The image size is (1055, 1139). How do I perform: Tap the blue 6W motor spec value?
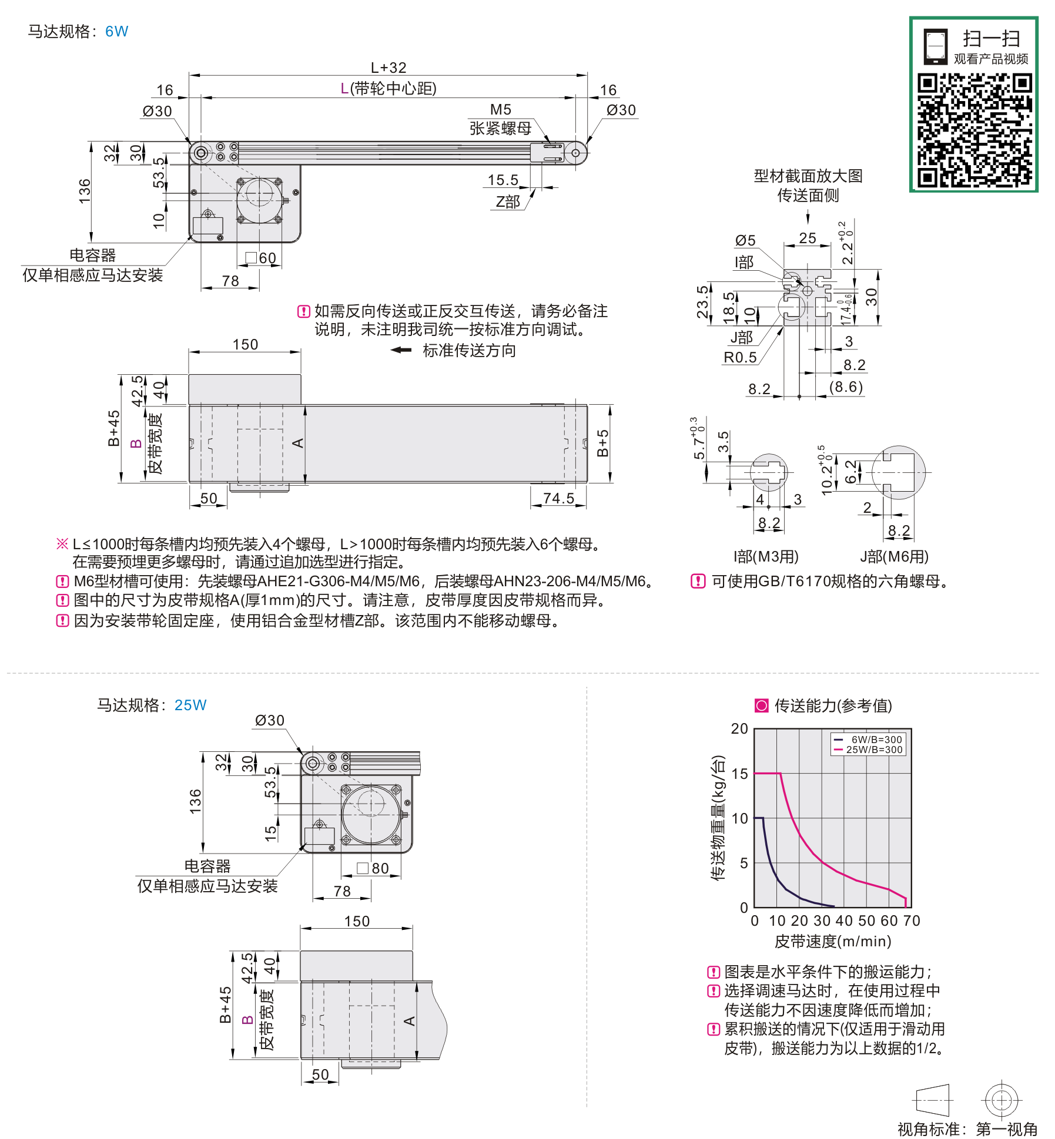(116, 31)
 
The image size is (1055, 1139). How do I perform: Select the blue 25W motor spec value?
(190, 705)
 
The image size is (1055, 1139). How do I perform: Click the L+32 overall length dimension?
(388, 68)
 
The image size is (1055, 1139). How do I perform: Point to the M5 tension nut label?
(500, 110)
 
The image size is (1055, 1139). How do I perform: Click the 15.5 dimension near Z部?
(503, 180)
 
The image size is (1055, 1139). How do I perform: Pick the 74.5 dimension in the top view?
(558, 498)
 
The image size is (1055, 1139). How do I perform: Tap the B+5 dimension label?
(602, 443)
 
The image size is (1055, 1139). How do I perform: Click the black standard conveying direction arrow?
(401, 350)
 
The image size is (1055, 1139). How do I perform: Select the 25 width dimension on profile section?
(808, 238)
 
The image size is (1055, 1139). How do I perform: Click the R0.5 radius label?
(740, 357)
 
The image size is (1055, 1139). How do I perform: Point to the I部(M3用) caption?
(766, 556)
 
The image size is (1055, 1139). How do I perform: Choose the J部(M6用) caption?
(894, 556)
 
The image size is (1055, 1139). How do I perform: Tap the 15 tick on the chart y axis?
(740, 774)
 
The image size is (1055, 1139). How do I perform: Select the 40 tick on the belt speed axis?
(844, 920)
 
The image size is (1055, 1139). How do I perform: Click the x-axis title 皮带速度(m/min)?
(833, 942)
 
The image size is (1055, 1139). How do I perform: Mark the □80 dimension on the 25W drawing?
(373, 868)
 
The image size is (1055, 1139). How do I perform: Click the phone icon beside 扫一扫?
(935, 46)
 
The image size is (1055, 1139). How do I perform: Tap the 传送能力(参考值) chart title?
(832, 705)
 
